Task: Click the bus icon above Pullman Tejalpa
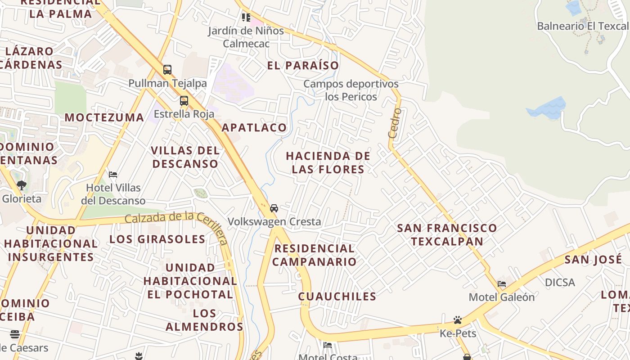coord(167,70)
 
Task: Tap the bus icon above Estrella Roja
coord(184,101)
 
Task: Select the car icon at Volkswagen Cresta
coord(274,208)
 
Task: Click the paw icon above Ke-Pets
coord(458,320)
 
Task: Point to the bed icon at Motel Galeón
coord(502,284)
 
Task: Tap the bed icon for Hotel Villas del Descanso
coord(113,174)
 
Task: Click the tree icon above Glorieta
coord(21,185)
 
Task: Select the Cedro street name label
coord(395,123)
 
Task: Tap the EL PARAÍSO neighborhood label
coord(303,66)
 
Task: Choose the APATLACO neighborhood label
coord(254,128)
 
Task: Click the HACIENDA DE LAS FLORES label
coord(328,162)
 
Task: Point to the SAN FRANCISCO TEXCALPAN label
coord(447,234)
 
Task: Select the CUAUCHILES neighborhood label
coord(337,296)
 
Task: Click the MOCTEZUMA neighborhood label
coord(104,117)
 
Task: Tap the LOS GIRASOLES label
coord(157,239)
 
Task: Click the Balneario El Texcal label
coord(583,26)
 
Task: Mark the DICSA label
coord(560,283)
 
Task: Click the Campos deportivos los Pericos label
coord(351,90)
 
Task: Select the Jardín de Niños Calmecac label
coord(246,37)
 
